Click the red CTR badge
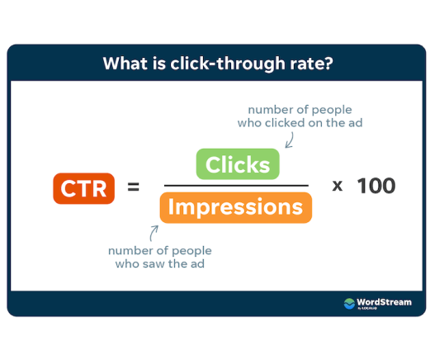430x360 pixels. [83, 188]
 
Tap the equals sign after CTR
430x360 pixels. [134, 187]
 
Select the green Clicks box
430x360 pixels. [238, 164]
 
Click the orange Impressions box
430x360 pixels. [236, 207]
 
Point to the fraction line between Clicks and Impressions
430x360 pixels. [236, 186]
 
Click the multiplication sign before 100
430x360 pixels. [338, 186]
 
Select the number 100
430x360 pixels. [376, 186]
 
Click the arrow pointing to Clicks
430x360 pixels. [290, 140]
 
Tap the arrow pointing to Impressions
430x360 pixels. [154, 234]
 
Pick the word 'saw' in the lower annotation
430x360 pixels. [155, 264]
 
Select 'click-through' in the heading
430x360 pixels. [228, 64]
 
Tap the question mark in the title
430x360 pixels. [328, 64]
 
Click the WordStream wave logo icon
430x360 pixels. [349, 304]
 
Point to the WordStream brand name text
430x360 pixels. [384, 302]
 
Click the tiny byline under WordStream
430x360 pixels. [367, 308]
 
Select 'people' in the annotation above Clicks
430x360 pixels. [332, 111]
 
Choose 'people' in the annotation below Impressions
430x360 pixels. [191, 251]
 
